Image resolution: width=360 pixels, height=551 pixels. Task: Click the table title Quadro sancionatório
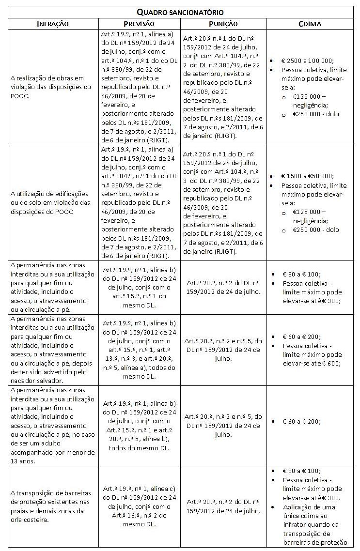180,12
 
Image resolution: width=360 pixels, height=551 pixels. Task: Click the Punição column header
223,23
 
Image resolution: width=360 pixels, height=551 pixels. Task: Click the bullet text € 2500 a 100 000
307,61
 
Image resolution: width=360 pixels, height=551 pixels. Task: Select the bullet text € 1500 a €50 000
307,177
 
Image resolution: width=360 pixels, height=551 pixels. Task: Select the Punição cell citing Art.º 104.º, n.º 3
223,202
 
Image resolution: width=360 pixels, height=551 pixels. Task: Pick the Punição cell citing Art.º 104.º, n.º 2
223,87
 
